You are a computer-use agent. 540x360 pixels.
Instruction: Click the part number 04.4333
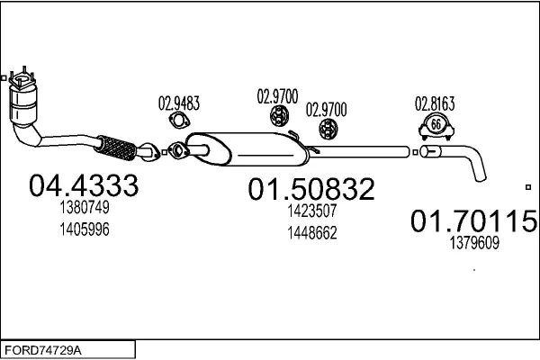(x=84, y=186)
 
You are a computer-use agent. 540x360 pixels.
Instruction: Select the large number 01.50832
(x=311, y=189)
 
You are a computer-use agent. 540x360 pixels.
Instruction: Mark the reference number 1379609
(x=472, y=242)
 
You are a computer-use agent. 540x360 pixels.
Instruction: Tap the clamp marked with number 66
(x=436, y=125)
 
